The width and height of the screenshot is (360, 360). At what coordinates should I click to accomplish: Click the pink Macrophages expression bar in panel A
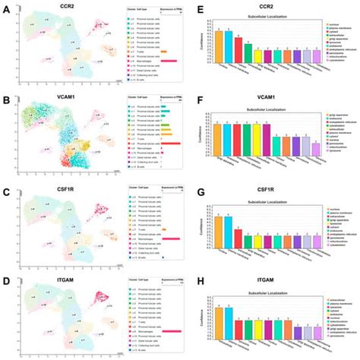[169, 60]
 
